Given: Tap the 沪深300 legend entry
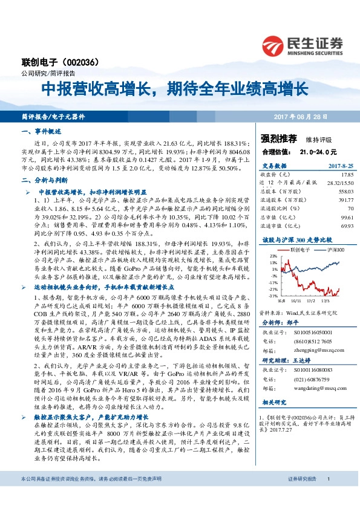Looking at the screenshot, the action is pyautogui.click(x=335, y=249).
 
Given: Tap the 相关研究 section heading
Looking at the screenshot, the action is pyautogui.click(x=273, y=402).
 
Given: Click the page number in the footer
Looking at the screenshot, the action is pyautogui.click(x=327, y=479).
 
